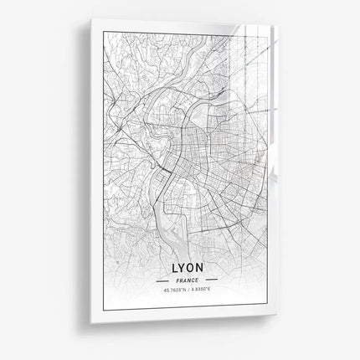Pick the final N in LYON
click(199, 270)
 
